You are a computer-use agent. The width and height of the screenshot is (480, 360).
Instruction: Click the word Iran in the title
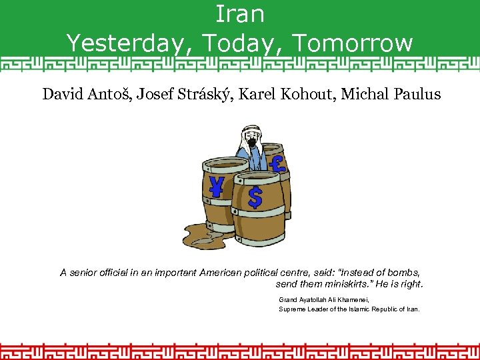point(240,13)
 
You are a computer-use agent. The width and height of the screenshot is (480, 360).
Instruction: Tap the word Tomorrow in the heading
point(353,43)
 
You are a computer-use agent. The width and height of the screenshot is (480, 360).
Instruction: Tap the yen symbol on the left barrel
point(217,187)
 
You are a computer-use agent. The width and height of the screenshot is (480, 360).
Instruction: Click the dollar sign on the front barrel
point(255,197)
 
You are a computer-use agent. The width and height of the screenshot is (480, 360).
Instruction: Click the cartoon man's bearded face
point(251,141)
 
